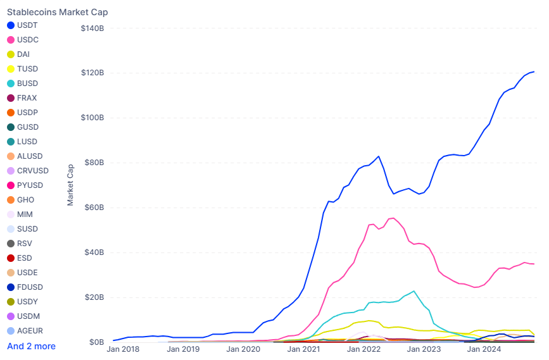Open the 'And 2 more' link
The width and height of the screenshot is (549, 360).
31,346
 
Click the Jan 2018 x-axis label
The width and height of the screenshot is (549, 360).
123,349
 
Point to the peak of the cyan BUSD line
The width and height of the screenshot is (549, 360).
413,291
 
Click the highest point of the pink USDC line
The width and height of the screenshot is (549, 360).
393,218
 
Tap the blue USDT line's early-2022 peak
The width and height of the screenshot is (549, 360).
379,156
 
